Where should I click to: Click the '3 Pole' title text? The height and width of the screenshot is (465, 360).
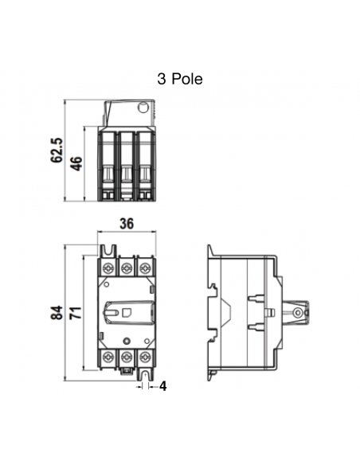(181, 79)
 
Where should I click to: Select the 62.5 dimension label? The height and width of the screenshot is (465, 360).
(57, 150)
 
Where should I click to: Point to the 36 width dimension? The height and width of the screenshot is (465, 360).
(126, 224)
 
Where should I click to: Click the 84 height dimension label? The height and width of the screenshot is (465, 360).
(57, 313)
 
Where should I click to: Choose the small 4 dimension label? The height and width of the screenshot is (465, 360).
(162, 386)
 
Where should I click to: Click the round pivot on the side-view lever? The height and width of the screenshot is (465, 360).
(297, 314)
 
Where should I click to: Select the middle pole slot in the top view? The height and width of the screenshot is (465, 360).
(126, 163)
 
